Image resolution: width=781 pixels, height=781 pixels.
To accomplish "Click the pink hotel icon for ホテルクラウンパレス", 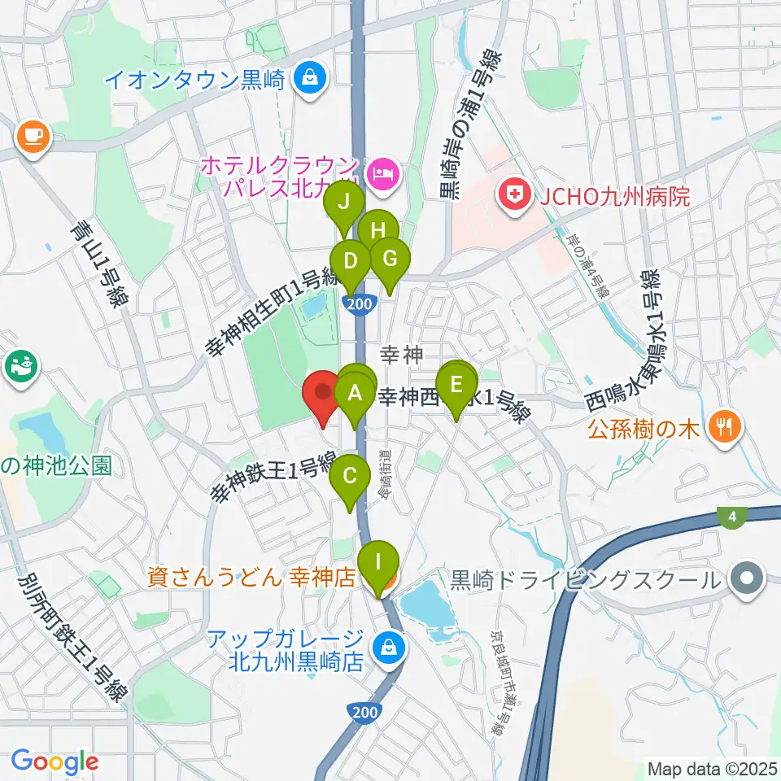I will (381, 172).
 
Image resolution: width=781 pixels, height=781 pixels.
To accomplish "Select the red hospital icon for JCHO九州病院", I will (514, 195).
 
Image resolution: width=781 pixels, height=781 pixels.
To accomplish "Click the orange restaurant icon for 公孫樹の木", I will (721, 425).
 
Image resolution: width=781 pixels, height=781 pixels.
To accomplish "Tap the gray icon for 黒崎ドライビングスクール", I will (744, 580).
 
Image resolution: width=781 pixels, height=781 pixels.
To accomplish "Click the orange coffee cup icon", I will (33, 134).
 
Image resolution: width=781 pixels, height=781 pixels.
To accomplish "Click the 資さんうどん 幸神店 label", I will (251, 578).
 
